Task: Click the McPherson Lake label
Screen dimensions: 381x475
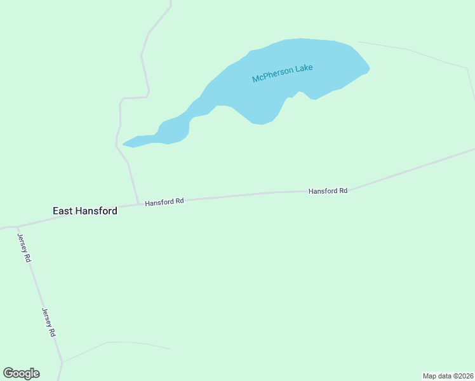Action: tap(283, 73)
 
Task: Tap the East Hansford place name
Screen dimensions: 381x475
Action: tap(85, 211)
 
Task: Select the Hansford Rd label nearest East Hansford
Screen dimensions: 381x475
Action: tap(164, 202)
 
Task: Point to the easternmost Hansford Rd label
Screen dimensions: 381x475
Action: tap(328, 190)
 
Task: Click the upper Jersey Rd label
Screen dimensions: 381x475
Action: tap(23, 248)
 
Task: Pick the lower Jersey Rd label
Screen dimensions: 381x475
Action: tap(49, 322)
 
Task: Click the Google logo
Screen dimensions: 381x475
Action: tap(21, 373)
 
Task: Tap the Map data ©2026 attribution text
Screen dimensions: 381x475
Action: tap(448, 376)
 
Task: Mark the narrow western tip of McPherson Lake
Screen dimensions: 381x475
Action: tap(124, 144)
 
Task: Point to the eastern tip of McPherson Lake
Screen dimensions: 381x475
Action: tap(368, 67)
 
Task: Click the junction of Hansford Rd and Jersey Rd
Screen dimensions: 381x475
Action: tap(17, 227)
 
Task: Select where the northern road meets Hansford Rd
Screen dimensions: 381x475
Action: tap(138, 204)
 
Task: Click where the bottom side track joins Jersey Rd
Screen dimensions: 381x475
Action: tap(62, 363)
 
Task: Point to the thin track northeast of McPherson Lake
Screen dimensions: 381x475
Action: tap(413, 51)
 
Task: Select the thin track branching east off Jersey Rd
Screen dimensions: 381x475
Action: tap(114, 343)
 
